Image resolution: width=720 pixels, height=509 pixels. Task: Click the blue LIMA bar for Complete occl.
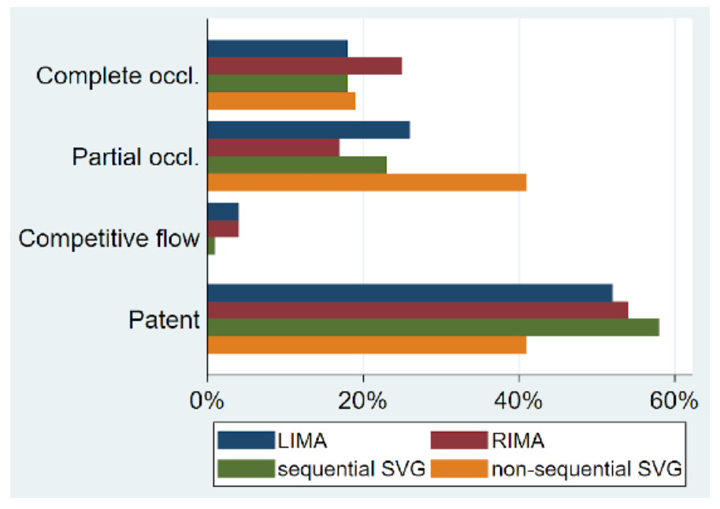tap(277, 49)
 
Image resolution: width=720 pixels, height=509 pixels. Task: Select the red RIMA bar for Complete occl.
tap(304, 66)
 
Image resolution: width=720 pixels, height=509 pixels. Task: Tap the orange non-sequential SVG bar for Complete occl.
tap(281, 101)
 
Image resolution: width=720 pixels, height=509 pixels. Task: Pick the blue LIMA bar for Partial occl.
tap(308, 130)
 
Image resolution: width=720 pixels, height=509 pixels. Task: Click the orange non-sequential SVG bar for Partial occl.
tap(366, 182)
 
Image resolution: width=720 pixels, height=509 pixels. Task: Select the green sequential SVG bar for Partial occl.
tap(297, 165)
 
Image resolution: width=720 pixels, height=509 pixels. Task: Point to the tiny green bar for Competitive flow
tap(211, 246)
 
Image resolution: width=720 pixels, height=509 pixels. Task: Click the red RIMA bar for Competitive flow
tap(223, 228)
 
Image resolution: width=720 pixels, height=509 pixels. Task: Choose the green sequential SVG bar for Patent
tap(432, 327)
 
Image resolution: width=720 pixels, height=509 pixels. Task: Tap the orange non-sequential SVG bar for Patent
tap(366, 344)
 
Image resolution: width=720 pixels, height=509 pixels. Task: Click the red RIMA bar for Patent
tap(418, 310)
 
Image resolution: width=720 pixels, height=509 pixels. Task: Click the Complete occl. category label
tap(117, 76)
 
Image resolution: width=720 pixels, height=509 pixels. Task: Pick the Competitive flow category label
tap(109, 239)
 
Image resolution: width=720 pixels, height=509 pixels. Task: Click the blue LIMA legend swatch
tap(245, 440)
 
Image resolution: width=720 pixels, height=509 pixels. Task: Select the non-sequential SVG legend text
tap(587, 470)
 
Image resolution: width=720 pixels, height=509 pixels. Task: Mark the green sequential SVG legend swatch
tap(245, 470)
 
